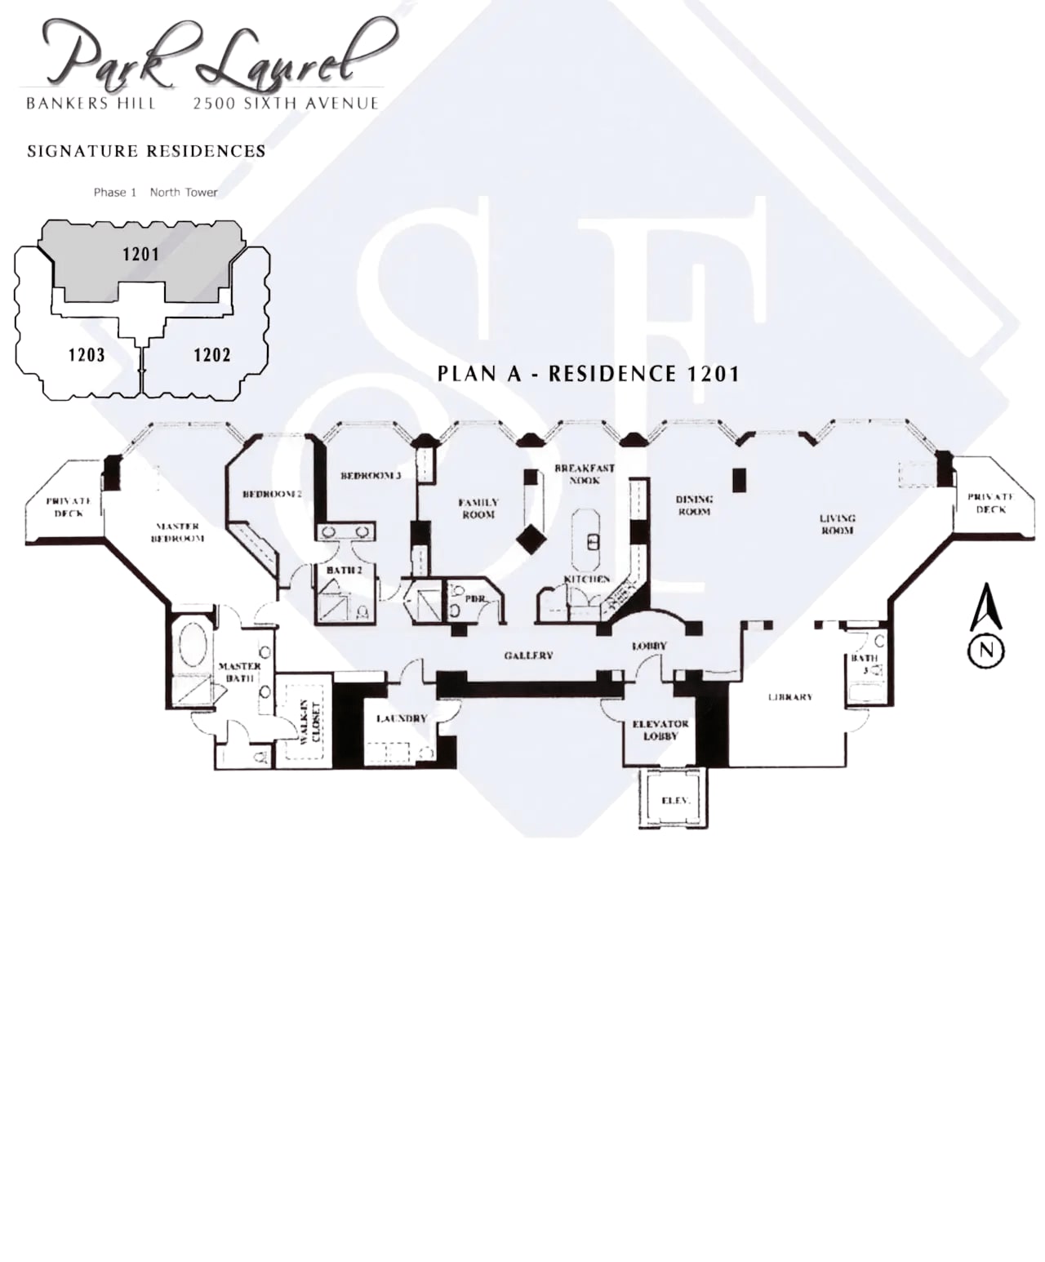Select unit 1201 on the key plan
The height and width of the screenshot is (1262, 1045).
tap(140, 255)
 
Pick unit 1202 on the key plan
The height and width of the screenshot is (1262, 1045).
tap(211, 355)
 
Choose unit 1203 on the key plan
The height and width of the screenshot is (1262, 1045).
tap(87, 355)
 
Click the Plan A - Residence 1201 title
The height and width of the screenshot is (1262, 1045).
tap(588, 374)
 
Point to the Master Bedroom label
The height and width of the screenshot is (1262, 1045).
tap(177, 532)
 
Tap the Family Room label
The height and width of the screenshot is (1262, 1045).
tap(478, 509)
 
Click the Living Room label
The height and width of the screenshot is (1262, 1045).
tap(837, 524)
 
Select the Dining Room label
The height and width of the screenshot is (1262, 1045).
tap(694, 505)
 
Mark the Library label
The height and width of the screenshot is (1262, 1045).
tap(789, 697)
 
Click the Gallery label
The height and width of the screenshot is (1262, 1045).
tap(528, 655)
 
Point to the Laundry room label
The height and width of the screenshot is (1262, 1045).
tap(401, 718)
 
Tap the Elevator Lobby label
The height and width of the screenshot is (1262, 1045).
tap(660, 730)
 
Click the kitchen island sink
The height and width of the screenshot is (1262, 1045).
tap(594, 541)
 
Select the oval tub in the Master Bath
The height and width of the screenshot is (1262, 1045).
tap(193, 645)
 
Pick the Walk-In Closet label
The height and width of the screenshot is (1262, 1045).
tap(310, 722)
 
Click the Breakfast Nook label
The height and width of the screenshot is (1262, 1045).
tap(585, 474)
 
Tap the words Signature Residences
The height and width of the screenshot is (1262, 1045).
tap(146, 151)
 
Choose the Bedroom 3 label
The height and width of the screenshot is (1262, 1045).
tap(371, 475)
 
